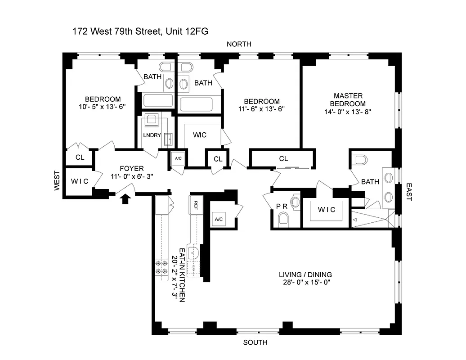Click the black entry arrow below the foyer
click(125, 198)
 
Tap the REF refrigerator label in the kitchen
click(196, 203)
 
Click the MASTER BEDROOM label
click(349, 99)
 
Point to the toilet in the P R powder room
click(283, 220)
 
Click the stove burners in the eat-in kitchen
click(161, 268)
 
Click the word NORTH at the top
click(239, 44)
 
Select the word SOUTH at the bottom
click(255, 342)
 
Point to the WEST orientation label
click(57, 180)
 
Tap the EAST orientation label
click(409, 191)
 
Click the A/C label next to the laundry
click(178, 158)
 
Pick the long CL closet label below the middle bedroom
click(283, 158)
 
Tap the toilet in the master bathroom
click(360, 159)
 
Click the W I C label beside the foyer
click(80, 181)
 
